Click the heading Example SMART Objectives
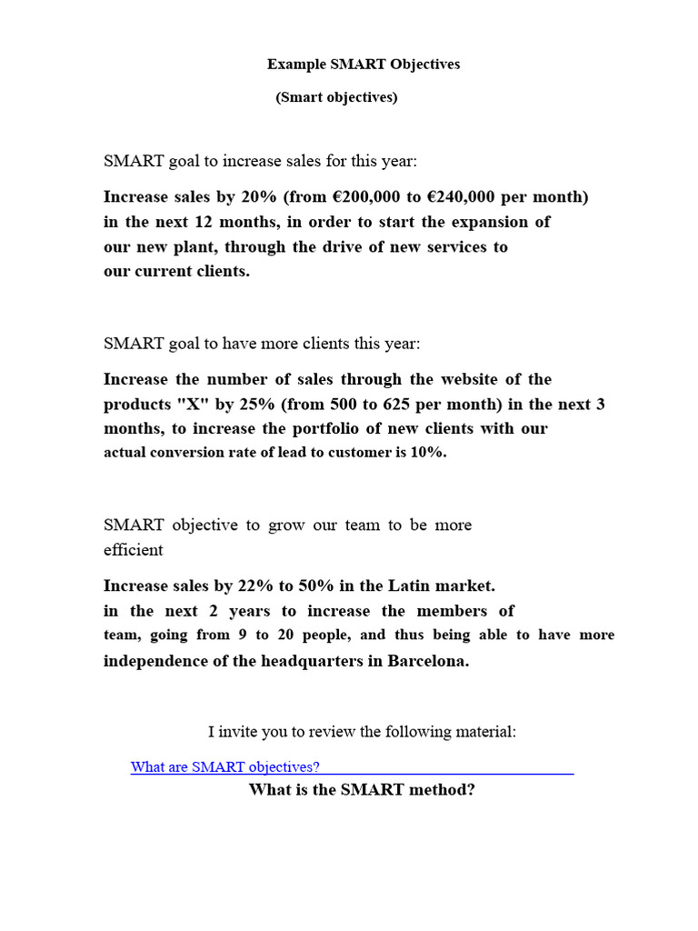point(364,64)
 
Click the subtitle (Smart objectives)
point(336,97)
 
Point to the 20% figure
point(260,197)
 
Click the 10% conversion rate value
point(428,452)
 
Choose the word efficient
point(134,550)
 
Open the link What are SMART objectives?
point(225,766)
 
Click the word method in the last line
point(440,790)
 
